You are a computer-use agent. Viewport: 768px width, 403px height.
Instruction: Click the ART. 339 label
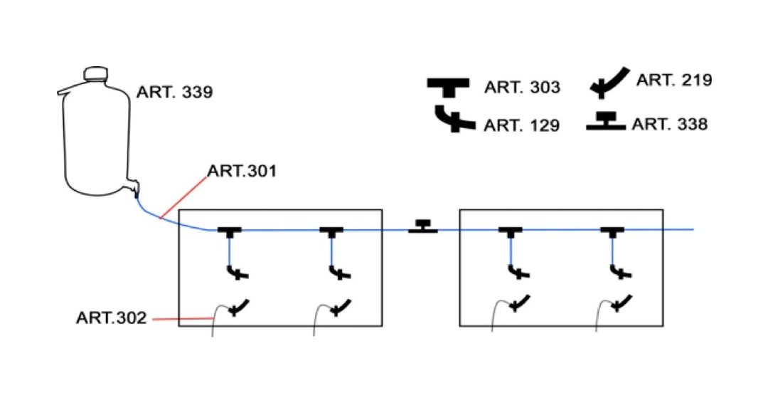pos(174,93)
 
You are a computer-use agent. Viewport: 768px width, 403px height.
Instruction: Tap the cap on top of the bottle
pos(95,73)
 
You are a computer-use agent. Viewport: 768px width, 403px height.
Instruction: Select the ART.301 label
pos(242,171)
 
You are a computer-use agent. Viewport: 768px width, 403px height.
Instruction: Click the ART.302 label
pos(111,318)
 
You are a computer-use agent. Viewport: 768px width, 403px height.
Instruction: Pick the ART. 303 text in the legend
pos(522,88)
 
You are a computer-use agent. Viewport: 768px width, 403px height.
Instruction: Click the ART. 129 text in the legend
pos(521,125)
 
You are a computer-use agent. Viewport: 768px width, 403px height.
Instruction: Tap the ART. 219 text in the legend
pos(673,80)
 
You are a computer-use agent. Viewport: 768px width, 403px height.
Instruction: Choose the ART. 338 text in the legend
pos(670,124)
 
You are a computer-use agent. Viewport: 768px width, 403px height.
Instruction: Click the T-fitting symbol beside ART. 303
pos(448,86)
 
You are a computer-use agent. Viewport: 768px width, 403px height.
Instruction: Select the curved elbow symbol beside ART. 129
pos(453,120)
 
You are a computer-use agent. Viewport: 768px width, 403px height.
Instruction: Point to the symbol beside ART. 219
pos(609,83)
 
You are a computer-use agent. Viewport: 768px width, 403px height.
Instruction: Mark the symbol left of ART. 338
pos(606,122)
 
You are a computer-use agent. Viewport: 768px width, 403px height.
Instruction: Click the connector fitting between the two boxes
pos(423,227)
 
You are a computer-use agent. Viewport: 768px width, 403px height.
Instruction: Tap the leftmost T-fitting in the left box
pos(229,231)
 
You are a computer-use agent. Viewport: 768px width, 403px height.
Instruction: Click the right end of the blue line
pos(691,229)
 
